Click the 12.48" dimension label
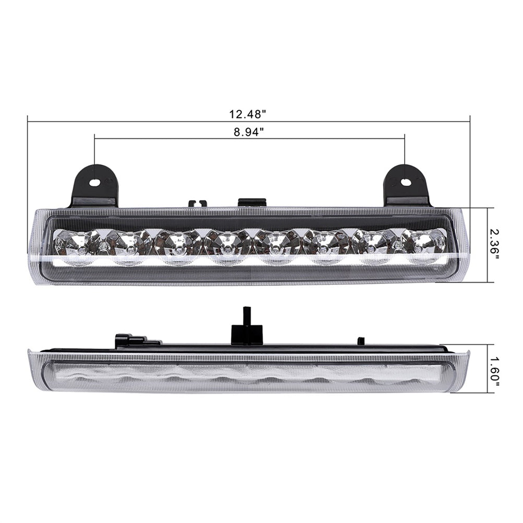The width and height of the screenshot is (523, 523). point(247,114)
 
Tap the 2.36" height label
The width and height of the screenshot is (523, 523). point(496,245)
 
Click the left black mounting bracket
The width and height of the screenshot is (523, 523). point(94,185)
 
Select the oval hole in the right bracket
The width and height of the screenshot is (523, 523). point(405,182)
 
